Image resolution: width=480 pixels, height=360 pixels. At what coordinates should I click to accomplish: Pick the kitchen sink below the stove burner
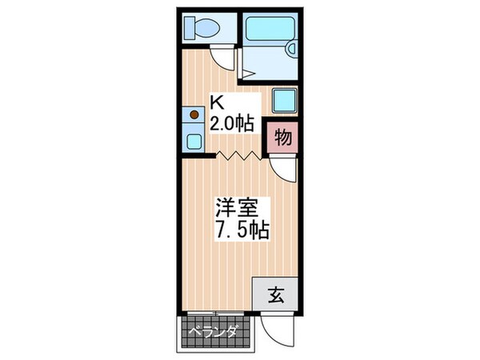[x=193, y=141]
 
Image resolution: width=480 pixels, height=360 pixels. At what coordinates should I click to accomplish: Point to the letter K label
[x=216, y=102]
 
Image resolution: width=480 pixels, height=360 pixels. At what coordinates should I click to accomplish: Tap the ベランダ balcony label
[x=214, y=330]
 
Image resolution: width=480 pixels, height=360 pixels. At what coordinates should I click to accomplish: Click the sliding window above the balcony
[x=216, y=312]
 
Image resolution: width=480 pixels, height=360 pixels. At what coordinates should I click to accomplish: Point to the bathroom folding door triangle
[x=248, y=72]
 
